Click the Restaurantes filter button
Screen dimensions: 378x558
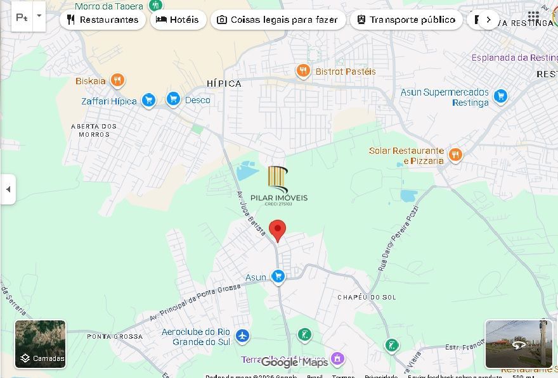click(x=103, y=20)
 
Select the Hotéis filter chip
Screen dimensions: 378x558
click(x=178, y=20)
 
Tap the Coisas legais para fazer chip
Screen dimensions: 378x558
click(x=278, y=20)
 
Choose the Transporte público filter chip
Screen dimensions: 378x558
click(x=406, y=20)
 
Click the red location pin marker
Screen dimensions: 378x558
click(x=277, y=230)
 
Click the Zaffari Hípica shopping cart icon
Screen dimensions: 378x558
click(x=148, y=101)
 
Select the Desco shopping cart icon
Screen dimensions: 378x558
click(x=173, y=99)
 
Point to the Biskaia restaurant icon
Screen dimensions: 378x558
click(x=117, y=80)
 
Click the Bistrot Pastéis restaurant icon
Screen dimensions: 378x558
click(x=303, y=71)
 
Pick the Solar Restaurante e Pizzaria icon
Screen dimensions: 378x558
click(x=455, y=154)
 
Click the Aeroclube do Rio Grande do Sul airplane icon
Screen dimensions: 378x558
click(x=242, y=336)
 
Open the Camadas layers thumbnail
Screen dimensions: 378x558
click(x=41, y=344)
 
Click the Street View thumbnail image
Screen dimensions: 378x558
click(x=518, y=344)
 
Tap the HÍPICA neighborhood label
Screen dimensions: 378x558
click(x=224, y=84)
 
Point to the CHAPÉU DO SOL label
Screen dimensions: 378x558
click(x=366, y=297)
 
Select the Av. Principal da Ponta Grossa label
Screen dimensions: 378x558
click(x=195, y=301)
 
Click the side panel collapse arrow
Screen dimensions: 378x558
click(x=8, y=189)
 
